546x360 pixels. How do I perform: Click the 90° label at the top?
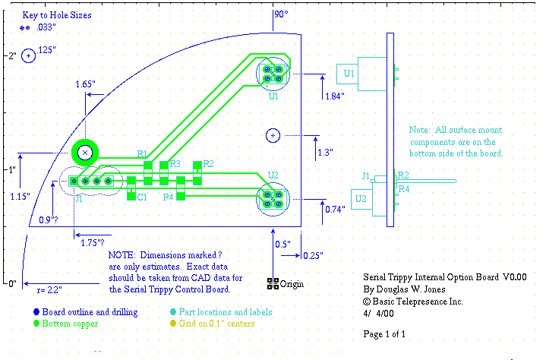[x=281, y=14]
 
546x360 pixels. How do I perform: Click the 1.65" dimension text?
[x=85, y=84]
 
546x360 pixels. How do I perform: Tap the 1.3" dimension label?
[x=325, y=152]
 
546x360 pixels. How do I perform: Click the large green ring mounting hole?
[x=85, y=153]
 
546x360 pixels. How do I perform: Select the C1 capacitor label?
[x=143, y=197]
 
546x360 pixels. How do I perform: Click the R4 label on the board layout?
[x=169, y=197]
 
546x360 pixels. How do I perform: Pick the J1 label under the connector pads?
[x=78, y=199]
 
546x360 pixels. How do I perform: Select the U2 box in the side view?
[x=362, y=199]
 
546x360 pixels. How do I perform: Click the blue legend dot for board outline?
[x=35, y=312]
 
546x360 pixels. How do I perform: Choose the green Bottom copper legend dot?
[x=35, y=324]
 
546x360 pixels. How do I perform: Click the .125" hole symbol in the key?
[x=29, y=55]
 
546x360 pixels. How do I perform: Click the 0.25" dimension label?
[x=311, y=254]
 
